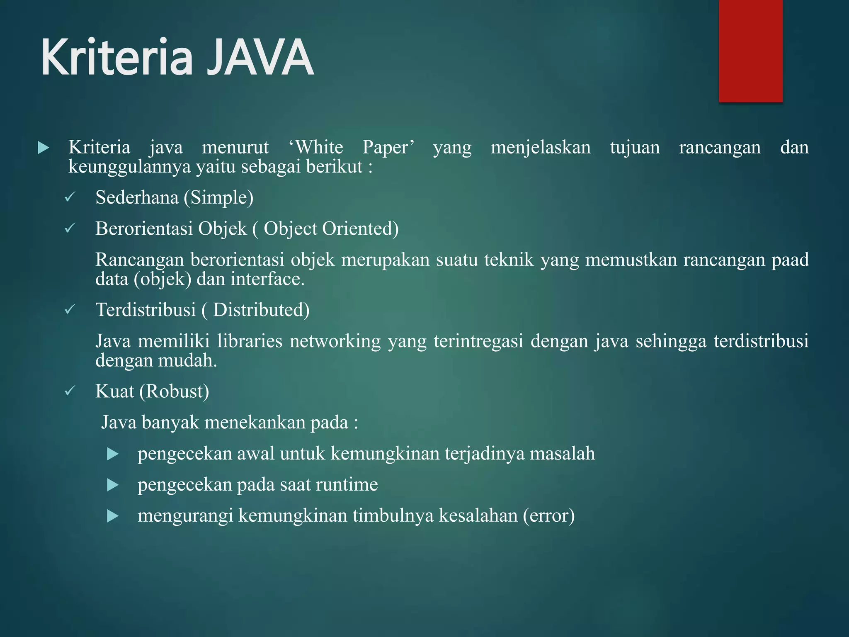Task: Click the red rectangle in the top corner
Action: coord(750,51)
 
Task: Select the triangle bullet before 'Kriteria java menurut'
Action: coord(43,148)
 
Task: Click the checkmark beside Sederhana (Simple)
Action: coord(70,197)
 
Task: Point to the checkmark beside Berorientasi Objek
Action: coord(70,228)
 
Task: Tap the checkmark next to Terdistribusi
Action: coord(70,309)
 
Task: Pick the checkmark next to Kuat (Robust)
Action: coord(70,391)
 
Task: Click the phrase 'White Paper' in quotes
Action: coord(352,148)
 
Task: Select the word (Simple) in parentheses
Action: coord(218,197)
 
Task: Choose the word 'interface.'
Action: coord(267,279)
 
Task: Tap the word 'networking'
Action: coord(335,341)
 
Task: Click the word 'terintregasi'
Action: coord(478,341)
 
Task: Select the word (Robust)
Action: coord(174,391)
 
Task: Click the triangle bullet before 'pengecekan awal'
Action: coord(113,454)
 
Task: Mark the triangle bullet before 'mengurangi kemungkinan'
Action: coord(113,516)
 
